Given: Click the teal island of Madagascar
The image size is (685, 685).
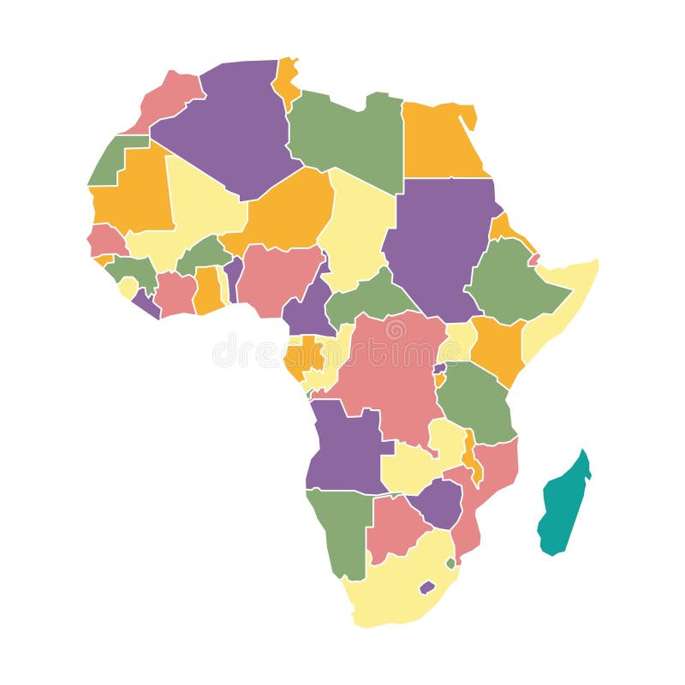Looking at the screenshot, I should [563, 505].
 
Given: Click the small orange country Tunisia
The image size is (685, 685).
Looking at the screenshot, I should [286, 81].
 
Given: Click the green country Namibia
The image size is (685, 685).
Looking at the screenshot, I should [338, 531].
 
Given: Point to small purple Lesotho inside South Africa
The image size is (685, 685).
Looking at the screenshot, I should [426, 587].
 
